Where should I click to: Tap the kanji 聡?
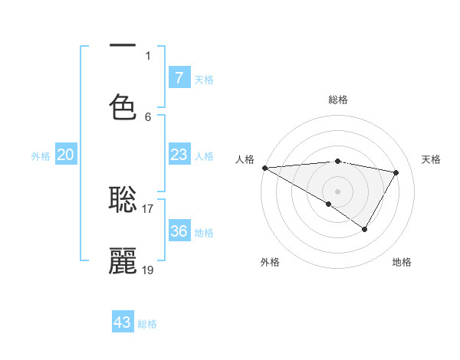pos(123,200)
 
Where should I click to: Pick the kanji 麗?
pos(123,260)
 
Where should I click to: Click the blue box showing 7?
pos(179,77)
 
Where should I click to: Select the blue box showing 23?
pos(179,155)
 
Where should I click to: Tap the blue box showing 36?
pos(179,231)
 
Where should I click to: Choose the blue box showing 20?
pos(66,155)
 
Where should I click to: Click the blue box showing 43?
pos(123,322)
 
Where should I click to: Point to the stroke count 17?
pos(148,208)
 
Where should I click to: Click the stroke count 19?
pos(148,270)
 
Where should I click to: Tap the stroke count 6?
pos(148,116)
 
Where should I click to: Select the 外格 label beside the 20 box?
pos(41,156)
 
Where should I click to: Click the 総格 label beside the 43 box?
pos(147,324)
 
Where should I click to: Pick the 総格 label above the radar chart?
pos(337,100)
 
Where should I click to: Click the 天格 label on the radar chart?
pos(431,159)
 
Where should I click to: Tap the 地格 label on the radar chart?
pos(402,262)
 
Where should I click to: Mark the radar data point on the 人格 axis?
pos(264,168)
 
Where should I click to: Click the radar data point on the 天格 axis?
pos(396,172)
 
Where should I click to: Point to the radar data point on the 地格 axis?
pos(365,229)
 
